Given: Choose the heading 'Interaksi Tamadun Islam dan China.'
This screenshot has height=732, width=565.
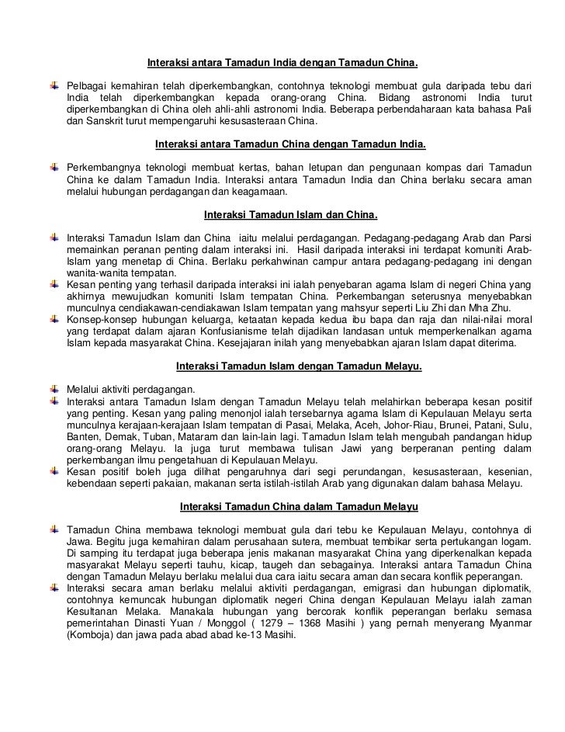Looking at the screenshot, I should (290, 213).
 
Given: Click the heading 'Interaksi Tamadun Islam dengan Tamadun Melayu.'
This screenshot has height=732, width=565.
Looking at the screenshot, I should (300, 366).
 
